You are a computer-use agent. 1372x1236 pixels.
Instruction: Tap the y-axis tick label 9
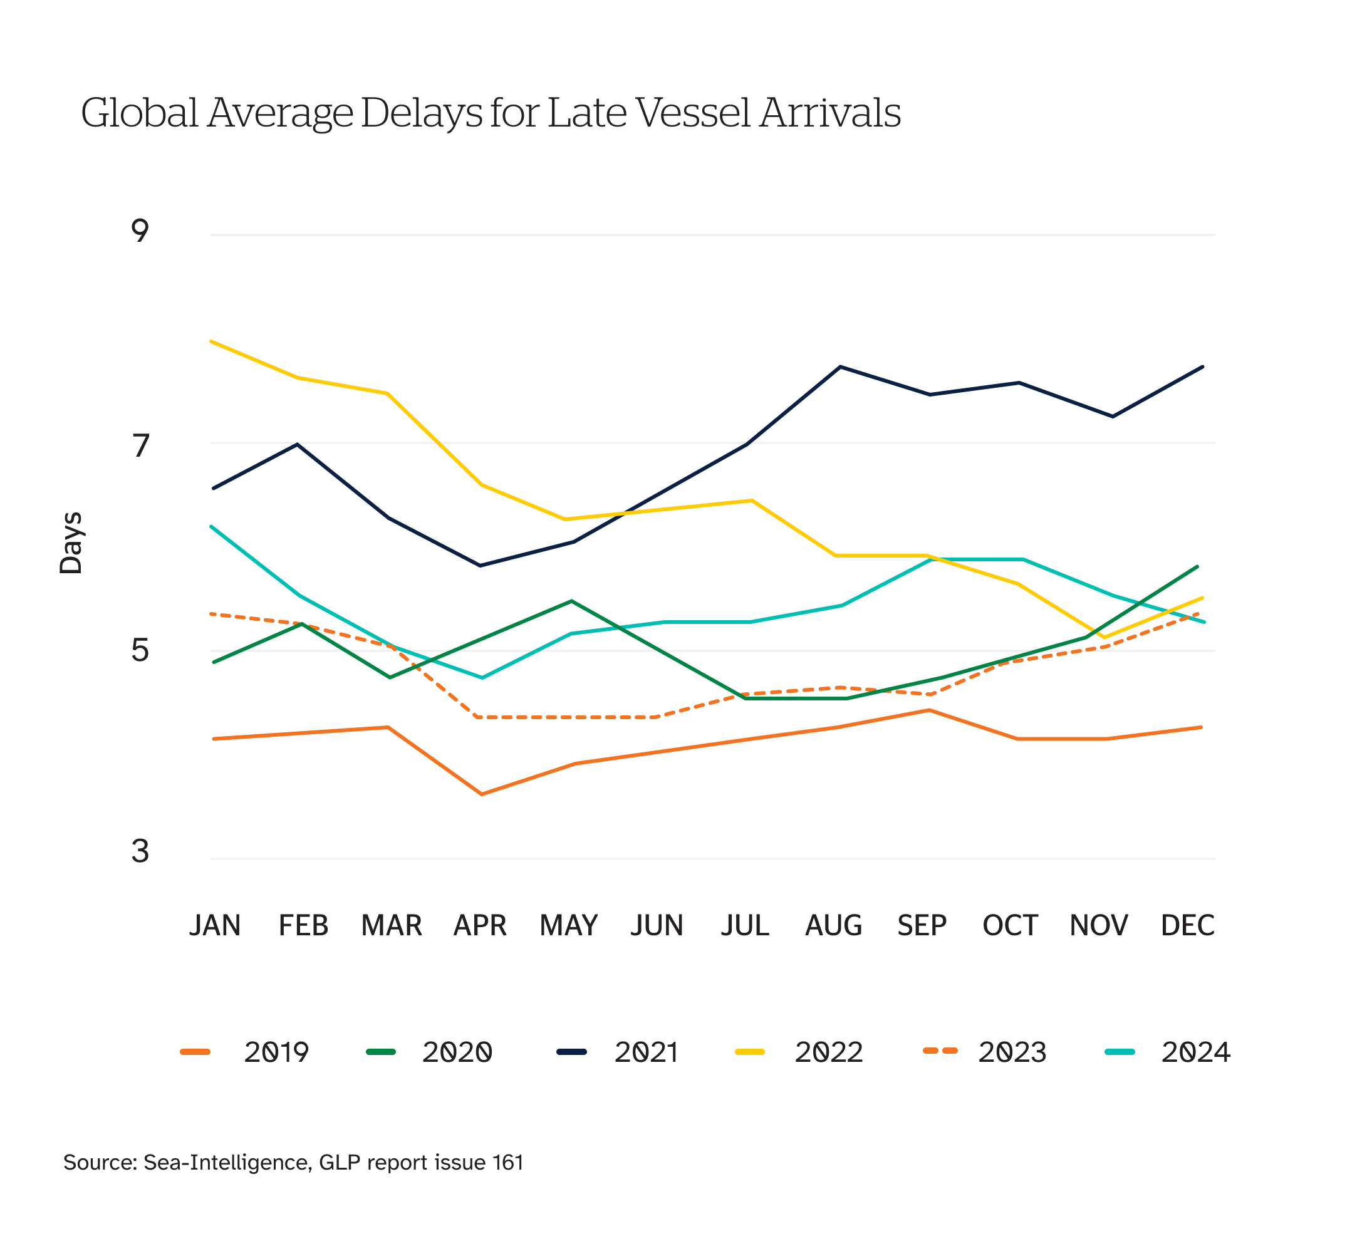[140, 231]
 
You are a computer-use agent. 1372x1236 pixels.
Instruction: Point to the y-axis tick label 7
[140, 445]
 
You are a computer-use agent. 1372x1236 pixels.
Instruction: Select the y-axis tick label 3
[140, 850]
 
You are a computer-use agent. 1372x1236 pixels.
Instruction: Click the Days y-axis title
[71, 543]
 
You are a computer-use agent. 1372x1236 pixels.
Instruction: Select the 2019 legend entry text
[276, 1052]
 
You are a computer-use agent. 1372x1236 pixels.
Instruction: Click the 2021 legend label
[646, 1052]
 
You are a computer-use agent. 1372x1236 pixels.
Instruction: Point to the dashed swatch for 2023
[940, 1051]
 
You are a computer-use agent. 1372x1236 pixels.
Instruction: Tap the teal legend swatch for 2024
[1120, 1052]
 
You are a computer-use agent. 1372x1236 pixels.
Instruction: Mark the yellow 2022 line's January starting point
[212, 341]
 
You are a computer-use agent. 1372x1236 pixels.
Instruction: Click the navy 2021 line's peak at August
[841, 366]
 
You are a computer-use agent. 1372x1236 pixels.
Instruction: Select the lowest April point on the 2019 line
[482, 794]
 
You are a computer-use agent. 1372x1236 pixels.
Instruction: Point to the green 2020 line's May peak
[572, 601]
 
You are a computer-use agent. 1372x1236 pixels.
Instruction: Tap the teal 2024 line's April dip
[482, 678]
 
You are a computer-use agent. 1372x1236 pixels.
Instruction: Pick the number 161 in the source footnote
[508, 1163]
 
